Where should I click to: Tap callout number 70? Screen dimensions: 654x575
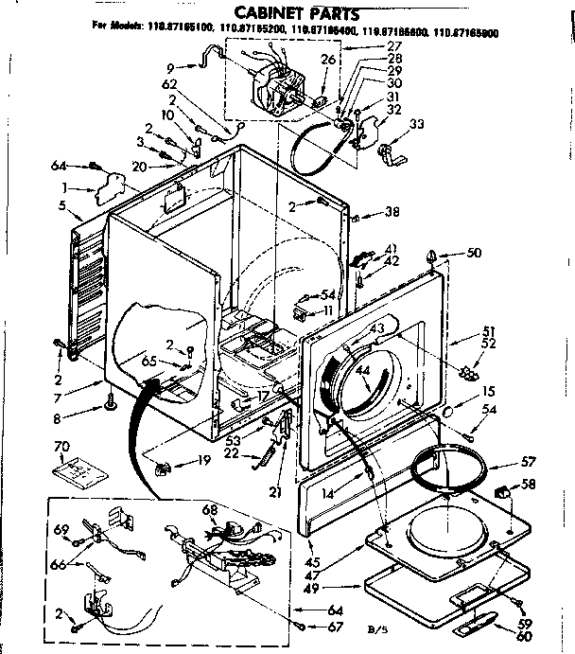coord(61,446)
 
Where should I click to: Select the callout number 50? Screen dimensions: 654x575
coord(474,253)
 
